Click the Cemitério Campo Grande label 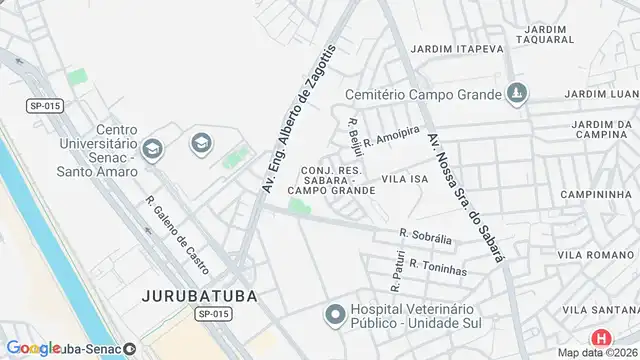[x=423, y=95]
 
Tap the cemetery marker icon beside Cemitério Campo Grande [x=516, y=95]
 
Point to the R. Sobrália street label [x=426, y=237]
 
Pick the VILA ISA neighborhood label [x=405, y=178]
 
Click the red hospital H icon [x=601, y=339]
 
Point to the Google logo [x=33, y=348]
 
